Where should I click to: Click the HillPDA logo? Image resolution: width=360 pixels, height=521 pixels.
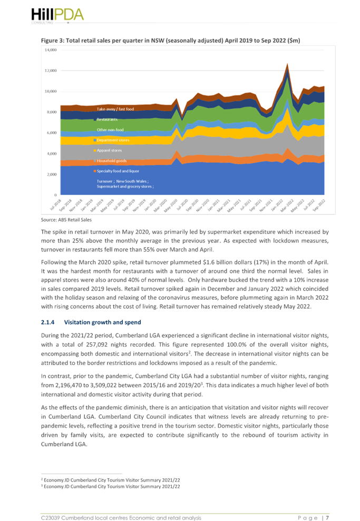pos(57,15)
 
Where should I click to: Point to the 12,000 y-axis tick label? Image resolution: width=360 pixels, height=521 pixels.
pos(51,71)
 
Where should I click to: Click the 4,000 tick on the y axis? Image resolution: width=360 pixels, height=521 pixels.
pos(52,153)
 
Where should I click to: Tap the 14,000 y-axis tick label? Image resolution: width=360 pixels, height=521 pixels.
pos(51,50)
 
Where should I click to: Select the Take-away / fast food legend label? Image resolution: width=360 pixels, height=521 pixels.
pos(115,109)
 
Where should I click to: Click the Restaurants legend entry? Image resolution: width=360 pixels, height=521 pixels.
pos(106,119)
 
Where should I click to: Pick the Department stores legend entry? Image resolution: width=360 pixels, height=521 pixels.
pos(112,140)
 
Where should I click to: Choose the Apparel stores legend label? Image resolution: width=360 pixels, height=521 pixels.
pos(108,150)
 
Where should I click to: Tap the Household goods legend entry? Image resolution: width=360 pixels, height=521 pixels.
pos(110,161)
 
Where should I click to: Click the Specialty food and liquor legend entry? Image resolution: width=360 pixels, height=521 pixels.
pos(116,171)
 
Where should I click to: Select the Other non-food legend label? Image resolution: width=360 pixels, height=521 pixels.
pos(110,130)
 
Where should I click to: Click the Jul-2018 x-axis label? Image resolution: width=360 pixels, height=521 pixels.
pos(56,204)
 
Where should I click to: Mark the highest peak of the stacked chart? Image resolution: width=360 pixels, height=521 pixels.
pos(287,64)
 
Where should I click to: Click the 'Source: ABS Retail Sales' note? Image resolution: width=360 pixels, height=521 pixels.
pos(66,220)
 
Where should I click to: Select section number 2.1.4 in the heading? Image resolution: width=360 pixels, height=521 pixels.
pos(47,322)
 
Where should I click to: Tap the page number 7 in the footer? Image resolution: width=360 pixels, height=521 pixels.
pos(327,518)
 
